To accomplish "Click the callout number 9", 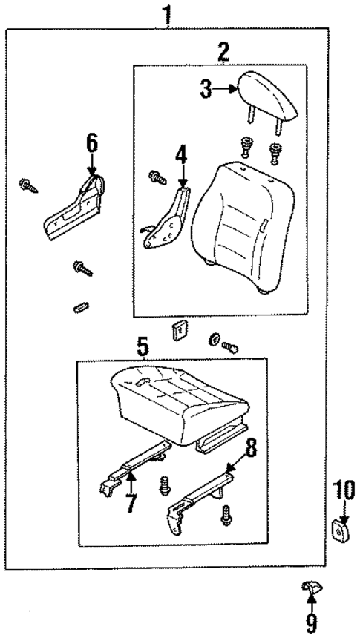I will coord(311,622).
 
